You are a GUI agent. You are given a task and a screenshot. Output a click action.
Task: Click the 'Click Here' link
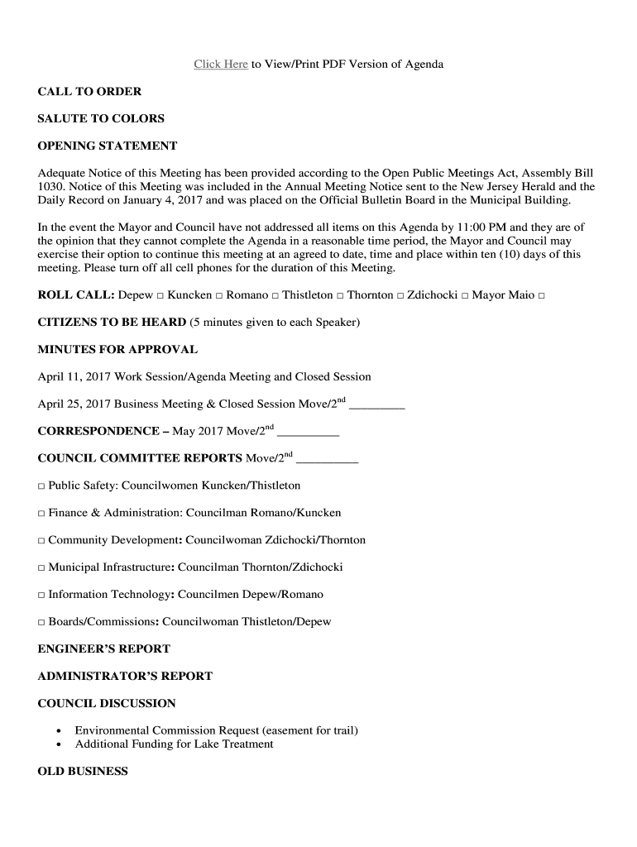[x=221, y=65]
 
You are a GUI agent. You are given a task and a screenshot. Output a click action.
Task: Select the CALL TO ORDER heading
[x=89, y=92]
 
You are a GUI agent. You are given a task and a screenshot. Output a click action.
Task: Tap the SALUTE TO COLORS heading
[x=101, y=119]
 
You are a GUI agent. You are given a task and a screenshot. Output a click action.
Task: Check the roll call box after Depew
[x=160, y=296]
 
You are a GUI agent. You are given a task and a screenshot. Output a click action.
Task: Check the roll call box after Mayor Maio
[x=541, y=296]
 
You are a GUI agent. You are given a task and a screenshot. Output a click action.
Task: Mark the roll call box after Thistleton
[x=340, y=296]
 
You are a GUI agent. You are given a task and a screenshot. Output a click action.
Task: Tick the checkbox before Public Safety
[x=41, y=486]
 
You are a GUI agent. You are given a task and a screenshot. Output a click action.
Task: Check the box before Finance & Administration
[x=41, y=514]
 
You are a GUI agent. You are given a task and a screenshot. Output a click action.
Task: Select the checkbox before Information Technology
[x=41, y=595]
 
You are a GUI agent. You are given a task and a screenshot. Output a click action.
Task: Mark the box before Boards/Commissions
[x=41, y=622]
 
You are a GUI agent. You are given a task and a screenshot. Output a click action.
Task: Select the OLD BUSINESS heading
[x=83, y=772]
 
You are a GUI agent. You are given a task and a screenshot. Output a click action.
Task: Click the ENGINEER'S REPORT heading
[x=103, y=649]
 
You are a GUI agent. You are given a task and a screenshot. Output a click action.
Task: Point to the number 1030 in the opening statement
[x=50, y=187]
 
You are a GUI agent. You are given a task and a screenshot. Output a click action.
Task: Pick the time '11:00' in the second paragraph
[x=460, y=227]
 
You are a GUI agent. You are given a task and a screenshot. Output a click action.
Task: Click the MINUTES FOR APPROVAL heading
[x=117, y=350]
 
